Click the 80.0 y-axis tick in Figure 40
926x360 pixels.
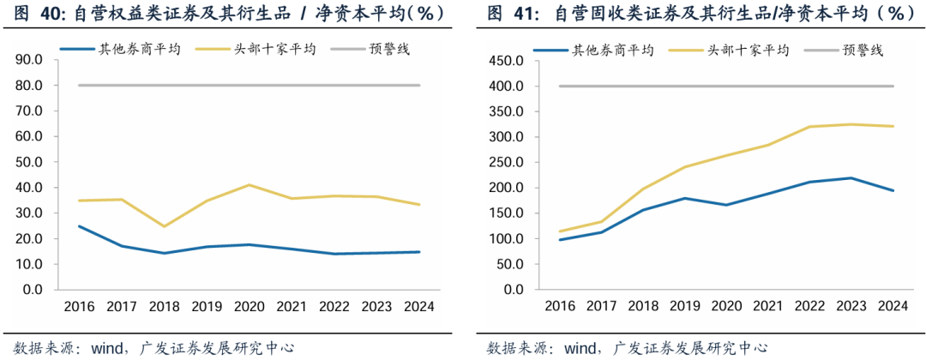pyautogui.click(x=30, y=86)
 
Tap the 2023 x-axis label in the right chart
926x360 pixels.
pyautogui.click(x=851, y=306)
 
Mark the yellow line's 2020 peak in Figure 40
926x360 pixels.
pyautogui.click(x=249, y=185)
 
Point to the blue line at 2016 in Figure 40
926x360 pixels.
pyautogui.click(x=79, y=226)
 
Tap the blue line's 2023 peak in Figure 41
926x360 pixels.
pyautogui.click(x=851, y=178)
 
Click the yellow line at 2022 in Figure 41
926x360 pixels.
pyautogui.click(x=809, y=127)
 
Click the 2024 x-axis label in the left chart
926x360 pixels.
pyautogui.click(x=419, y=306)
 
